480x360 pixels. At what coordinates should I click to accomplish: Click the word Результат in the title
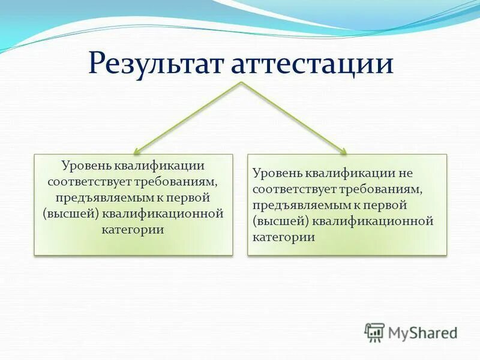click(x=157, y=64)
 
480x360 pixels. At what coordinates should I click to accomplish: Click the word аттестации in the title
click(x=312, y=64)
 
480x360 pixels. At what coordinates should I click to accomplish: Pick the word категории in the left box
click(x=133, y=229)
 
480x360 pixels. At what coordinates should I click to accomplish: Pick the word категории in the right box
click(x=284, y=237)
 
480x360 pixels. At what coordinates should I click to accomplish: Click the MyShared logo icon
click(x=374, y=331)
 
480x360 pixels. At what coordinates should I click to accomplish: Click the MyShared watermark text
click(x=423, y=332)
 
